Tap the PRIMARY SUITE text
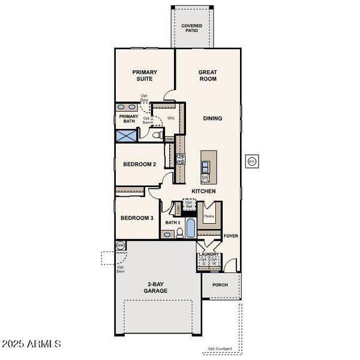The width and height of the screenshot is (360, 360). coord(145,76)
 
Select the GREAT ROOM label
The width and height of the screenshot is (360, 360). coord(208,76)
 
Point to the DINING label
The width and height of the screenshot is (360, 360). coord(212,118)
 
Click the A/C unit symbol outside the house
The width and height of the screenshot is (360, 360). coord(252,161)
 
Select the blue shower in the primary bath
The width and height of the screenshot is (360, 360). coord(127,134)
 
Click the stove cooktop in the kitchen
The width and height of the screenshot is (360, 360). coord(180,159)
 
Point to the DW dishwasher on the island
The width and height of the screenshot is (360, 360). coord(205,178)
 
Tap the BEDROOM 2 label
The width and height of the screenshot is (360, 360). coord(139,164)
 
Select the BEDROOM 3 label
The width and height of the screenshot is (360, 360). coord(137,218)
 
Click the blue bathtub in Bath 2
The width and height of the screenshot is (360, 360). coord(190,229)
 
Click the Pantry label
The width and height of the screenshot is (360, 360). coord(209,216)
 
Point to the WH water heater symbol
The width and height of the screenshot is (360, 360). coord(120,245)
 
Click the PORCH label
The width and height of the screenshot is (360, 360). coord(220,285)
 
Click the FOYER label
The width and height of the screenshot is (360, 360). coord(231,236)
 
